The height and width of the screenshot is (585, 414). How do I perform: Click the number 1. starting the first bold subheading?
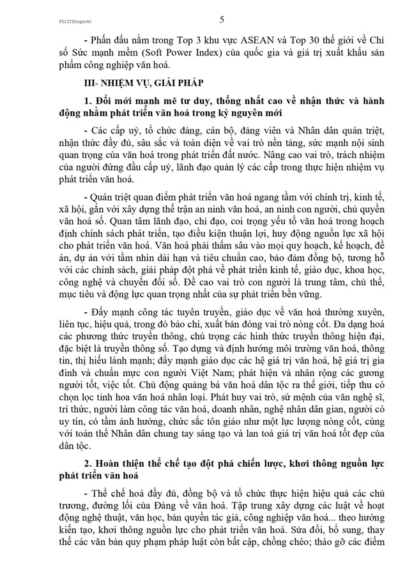tap(88, 102)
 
